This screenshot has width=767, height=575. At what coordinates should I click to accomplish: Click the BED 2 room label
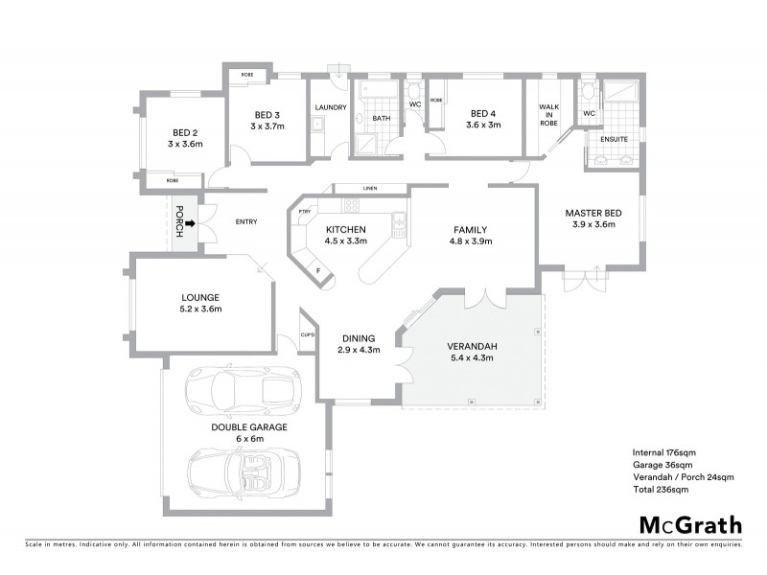tap(185, 132)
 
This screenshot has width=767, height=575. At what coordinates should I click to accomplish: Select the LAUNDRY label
tap(330, 107)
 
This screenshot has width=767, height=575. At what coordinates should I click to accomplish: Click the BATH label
tap(381, 119)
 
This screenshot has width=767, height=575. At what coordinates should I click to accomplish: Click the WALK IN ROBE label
tap(548, 115)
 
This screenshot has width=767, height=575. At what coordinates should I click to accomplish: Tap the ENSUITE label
tap(614, 139)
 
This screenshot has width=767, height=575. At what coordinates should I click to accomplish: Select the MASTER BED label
tap(589, 213)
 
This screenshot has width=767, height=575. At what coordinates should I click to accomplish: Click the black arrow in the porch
tap(190, 223)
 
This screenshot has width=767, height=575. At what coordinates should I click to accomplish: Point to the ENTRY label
tap(245, 222)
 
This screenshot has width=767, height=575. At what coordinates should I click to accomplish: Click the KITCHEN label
tap(346, 230)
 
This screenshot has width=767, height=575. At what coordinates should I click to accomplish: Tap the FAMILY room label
tap(471, 230)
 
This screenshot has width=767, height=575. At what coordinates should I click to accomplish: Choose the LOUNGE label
tap(199, 297)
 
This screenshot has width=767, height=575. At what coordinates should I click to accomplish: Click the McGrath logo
tap(689, 524)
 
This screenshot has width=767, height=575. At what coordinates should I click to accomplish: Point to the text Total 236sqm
tap(660, 489)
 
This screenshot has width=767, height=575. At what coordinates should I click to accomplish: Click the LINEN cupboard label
tap(369, 188)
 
